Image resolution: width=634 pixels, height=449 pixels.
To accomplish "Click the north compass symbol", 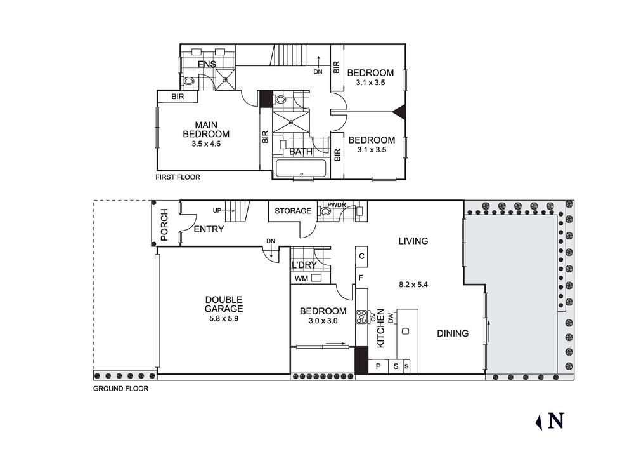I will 552,421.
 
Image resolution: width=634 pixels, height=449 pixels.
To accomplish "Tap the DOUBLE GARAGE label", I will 224,304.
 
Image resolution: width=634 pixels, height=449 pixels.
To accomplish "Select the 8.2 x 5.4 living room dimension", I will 413,285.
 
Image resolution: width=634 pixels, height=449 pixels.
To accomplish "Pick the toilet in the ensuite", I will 188,82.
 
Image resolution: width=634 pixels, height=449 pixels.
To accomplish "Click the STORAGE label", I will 293,211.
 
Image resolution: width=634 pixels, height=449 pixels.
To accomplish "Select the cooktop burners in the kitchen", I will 362,316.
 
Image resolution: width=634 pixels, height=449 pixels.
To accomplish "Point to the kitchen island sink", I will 406,331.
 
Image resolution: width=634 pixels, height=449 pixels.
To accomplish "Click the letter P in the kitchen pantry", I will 378,366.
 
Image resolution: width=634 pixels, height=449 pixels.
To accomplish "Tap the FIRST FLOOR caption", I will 178,178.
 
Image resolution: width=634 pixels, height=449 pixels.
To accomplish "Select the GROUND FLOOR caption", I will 120,389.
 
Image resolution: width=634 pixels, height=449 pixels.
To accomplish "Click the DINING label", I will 453,333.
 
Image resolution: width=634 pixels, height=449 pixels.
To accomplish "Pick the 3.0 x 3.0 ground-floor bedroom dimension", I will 323,321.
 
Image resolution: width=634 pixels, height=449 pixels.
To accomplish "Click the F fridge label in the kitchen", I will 361,278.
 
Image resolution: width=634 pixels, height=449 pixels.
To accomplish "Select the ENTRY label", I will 209,229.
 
